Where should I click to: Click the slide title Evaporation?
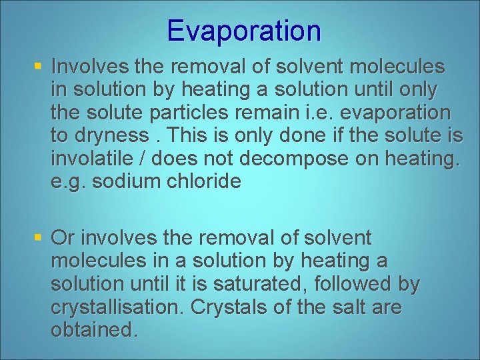point(244,31)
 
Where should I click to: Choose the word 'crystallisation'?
point(117,307)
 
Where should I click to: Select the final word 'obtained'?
point(93,330)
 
